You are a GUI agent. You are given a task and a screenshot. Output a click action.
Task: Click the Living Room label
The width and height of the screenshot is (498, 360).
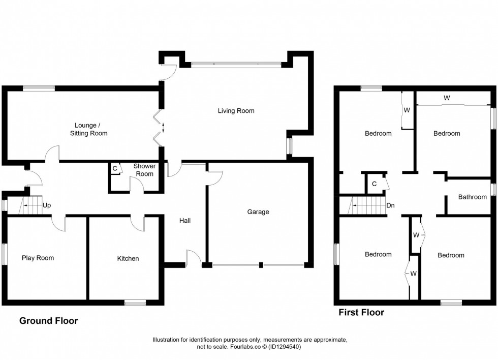236,111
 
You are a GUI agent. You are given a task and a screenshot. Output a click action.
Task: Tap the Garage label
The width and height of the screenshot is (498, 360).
258,212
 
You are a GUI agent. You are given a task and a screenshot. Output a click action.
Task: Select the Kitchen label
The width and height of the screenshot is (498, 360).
128,258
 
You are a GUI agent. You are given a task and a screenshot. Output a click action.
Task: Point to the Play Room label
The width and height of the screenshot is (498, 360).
38,258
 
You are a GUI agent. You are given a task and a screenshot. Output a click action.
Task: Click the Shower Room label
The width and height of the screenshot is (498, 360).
144,170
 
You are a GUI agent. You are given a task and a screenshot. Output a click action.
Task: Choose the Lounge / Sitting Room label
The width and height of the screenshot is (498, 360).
91,129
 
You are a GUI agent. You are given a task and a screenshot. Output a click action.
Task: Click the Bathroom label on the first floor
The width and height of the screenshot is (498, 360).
472,197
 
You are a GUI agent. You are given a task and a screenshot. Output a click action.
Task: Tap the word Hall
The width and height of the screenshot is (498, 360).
184,221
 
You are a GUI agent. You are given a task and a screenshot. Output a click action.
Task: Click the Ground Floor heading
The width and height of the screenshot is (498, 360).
49,321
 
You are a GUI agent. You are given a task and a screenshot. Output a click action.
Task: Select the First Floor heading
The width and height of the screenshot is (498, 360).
361,312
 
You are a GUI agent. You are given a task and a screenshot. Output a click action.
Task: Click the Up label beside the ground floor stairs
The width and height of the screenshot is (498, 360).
47,205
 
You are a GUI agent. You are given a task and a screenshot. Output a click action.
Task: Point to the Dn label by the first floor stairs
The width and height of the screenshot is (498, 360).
390,205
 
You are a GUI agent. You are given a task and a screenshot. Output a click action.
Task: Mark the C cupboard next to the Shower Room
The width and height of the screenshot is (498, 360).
115,168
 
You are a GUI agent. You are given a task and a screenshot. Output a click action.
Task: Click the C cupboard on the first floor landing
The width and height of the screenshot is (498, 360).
374,184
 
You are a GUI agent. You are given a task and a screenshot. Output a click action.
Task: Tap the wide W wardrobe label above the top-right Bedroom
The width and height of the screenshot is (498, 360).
446,97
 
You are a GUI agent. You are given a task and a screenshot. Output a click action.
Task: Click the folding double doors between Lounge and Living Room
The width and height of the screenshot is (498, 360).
159,127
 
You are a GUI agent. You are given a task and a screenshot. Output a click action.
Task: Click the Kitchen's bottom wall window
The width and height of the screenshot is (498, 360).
135,303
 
